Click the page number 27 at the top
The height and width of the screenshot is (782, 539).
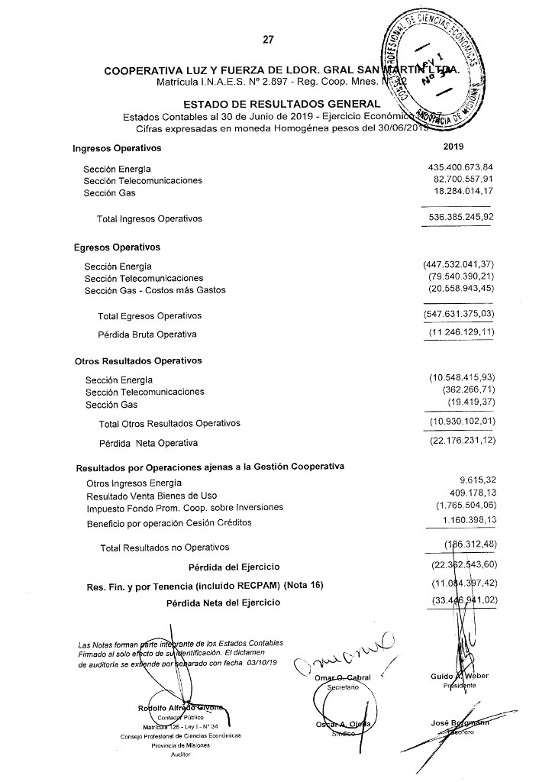(x=267, y=40)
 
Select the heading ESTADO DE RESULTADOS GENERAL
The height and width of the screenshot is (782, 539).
(x=282, y=104)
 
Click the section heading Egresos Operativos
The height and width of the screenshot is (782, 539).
(x=117, y=247)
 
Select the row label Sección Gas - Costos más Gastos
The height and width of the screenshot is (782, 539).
(x=155, y=290)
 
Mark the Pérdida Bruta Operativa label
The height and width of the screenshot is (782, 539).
(x=147, y=334)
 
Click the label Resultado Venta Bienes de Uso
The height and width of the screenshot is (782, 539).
(x=152, y=495)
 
